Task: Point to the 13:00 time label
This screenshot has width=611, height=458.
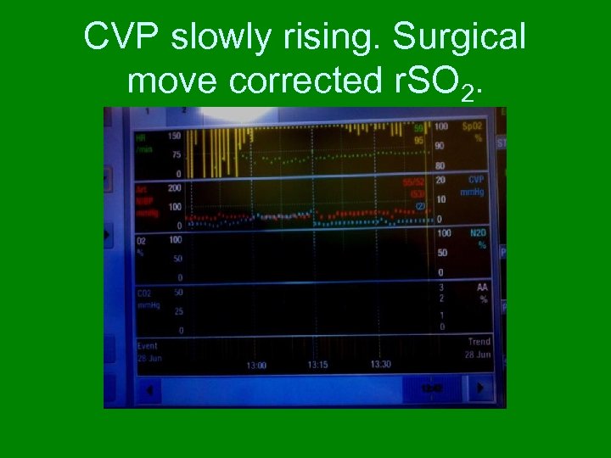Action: click(x=256, y=365)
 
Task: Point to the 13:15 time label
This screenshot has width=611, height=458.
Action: click(x=317, y=365)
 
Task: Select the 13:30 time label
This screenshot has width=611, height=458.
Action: click(x=380, y=364)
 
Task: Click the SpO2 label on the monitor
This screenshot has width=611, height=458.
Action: click(x=472, y=126)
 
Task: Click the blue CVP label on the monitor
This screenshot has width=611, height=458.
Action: click(x=476, y=180)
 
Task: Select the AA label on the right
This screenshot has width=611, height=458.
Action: click(x=481, y=288)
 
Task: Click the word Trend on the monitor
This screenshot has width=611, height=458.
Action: click(x=479, y=342)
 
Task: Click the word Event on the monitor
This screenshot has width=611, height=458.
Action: click(x=148, y=346)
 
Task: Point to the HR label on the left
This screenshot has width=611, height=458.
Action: click(x=141, y=136)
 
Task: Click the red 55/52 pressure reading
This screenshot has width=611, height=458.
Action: click(x=414, y=182)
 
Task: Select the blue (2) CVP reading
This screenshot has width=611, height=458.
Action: click(x=419, y=205)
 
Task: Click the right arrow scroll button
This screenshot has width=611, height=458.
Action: click(x=480, y=388)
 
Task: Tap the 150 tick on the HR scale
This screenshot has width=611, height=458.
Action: click(x=175, y=136)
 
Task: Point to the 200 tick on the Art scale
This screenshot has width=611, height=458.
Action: click(x=175, y=187)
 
